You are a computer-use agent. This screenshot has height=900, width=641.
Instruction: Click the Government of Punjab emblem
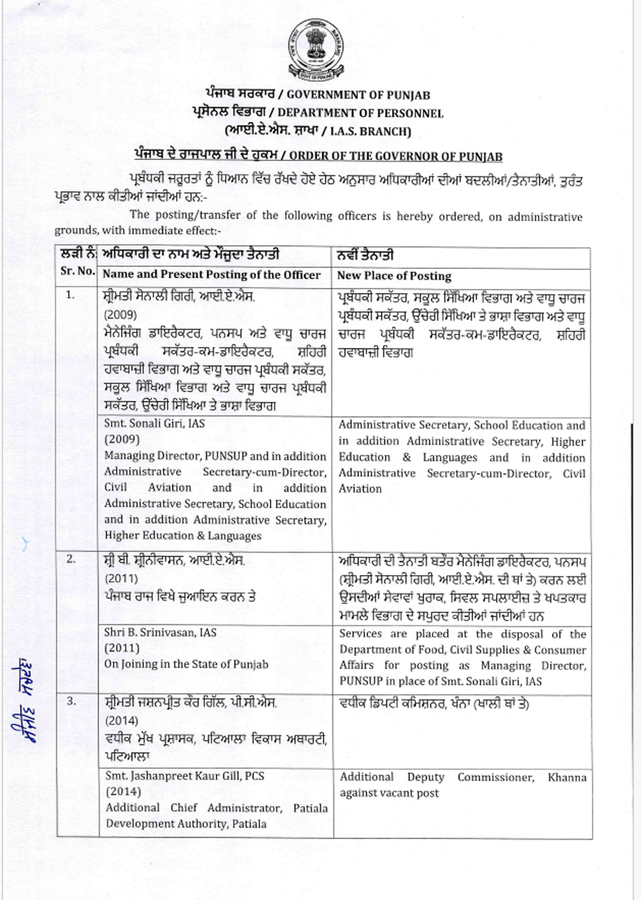click(x=316, y=49)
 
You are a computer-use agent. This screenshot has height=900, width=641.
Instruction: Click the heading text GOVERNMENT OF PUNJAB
click(x=358, y=95)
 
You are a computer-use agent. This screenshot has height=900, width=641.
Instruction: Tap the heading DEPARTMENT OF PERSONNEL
click(x=360, y=113)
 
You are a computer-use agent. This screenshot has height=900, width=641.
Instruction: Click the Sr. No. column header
click(x=77, y=271)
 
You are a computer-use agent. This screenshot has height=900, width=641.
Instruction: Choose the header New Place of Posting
click(x=394, y=276)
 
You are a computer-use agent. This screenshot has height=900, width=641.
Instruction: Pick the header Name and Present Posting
click(x=212, y=274)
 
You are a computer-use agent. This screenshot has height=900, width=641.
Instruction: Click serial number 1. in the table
click(x=71, y=295)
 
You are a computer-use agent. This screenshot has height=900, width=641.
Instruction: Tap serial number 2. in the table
click(x=71, y=559)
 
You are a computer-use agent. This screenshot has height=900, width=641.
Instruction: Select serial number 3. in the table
click(x=72, y=701)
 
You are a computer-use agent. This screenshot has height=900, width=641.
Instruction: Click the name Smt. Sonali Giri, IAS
click(x=154, y=423)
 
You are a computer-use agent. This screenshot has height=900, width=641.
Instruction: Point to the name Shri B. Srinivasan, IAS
click(x=160, y=633)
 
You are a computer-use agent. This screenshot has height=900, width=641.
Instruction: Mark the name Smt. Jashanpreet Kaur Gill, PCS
click(x=184, y=776)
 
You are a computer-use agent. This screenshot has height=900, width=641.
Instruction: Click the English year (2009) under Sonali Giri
click(x=122, y=439)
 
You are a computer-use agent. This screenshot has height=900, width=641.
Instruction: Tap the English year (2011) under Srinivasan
click(x=122, y=648)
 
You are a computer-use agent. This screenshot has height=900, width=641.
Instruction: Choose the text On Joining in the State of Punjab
click(x=186, y=664)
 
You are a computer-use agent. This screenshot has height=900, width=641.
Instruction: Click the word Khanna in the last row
click(x=567, y=777)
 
